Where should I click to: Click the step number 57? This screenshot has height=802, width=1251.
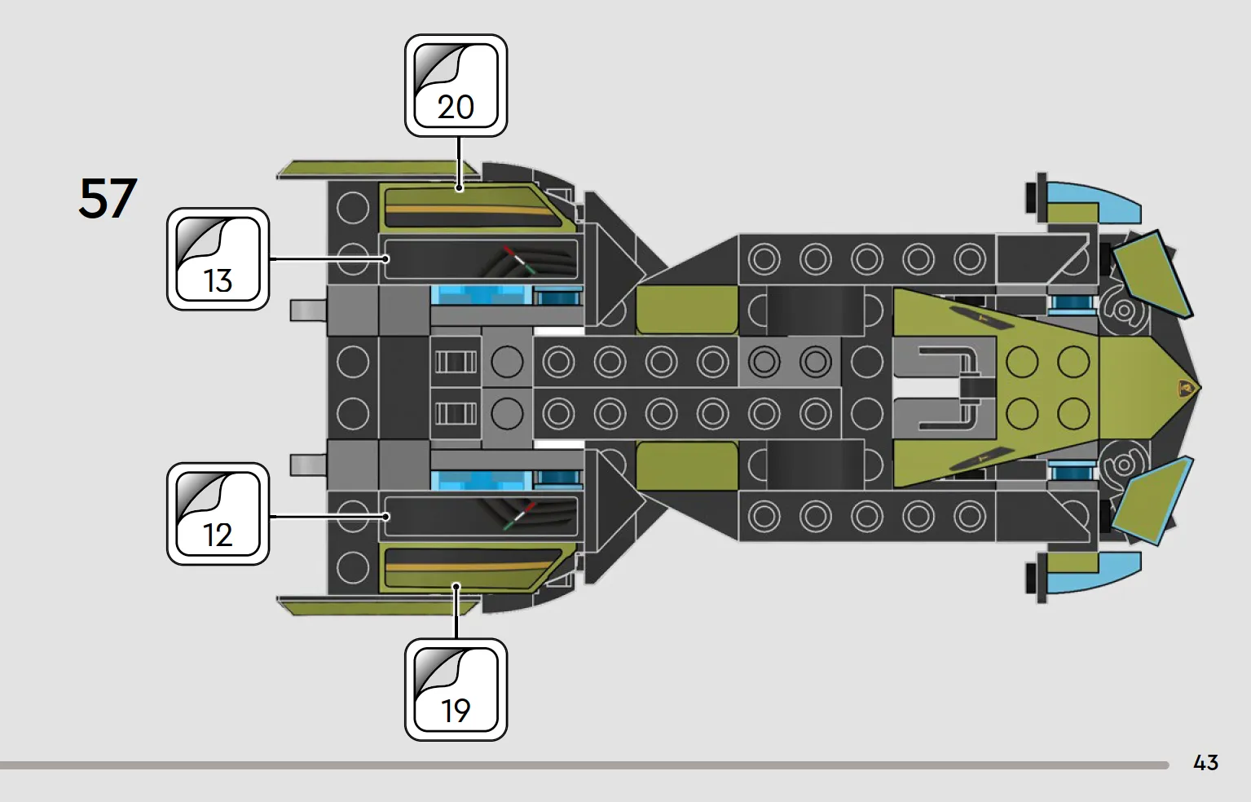pos(108,198)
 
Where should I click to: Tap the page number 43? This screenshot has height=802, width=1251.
pos(1205,762)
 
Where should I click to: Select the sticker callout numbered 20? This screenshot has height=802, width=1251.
pos(456,86)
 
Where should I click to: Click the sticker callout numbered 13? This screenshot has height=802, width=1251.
pos(218,259)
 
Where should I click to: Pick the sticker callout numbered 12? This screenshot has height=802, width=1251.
pos(218,513)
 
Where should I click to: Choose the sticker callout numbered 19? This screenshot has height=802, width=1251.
pos(456,690)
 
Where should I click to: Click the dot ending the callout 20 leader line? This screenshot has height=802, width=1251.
pos(459,189)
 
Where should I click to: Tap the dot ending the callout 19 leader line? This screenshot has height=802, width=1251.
pos(456,586)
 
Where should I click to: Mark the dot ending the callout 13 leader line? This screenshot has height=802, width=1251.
pos(385,259)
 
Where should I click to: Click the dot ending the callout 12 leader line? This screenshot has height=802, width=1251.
pos(385,517)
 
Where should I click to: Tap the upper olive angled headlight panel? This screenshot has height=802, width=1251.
pos(1152,275)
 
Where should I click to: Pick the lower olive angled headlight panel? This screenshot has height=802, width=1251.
pos(1152,500)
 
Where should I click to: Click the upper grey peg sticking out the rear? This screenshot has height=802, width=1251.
pos(308,310)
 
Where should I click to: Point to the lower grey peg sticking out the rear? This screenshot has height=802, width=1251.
pos(308,465)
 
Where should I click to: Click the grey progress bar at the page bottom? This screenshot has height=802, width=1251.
pos(584,765)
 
